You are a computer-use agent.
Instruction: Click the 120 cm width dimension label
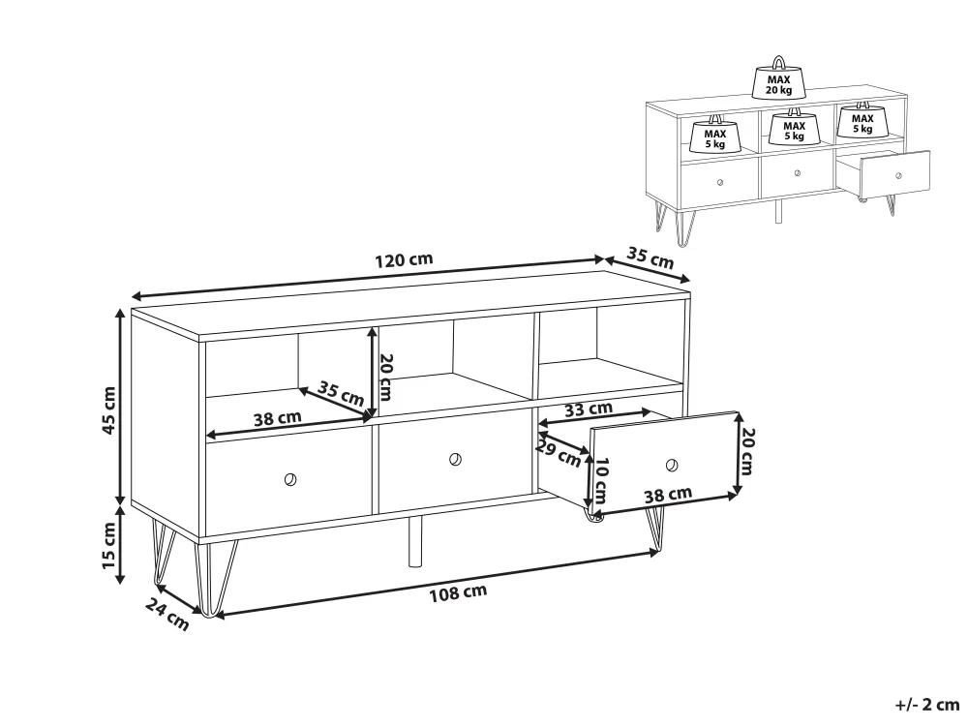point(404,259)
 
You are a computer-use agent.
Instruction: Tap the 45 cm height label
point(108,410)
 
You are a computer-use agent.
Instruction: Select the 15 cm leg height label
point(108,546)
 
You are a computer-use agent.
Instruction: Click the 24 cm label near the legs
point(167,614)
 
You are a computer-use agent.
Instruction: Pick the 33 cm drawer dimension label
point(588,409)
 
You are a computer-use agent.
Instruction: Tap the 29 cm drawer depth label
point(559,454)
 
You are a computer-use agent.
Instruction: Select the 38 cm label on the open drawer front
point(668,495)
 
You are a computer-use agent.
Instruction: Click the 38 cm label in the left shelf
point(277,418)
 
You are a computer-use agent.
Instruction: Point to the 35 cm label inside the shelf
point(341,394)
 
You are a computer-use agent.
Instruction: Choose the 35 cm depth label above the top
point(650,257)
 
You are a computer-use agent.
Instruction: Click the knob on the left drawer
point(290,479)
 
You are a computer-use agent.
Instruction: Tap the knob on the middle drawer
point(455,459)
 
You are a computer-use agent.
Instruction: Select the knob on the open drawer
point(672,465)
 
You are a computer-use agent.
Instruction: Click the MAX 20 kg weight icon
point(779,79)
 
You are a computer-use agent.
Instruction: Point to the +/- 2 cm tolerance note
point(926,704)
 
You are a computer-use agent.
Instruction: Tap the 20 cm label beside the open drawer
point(746,452)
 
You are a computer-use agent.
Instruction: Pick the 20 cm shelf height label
point(385,378)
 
